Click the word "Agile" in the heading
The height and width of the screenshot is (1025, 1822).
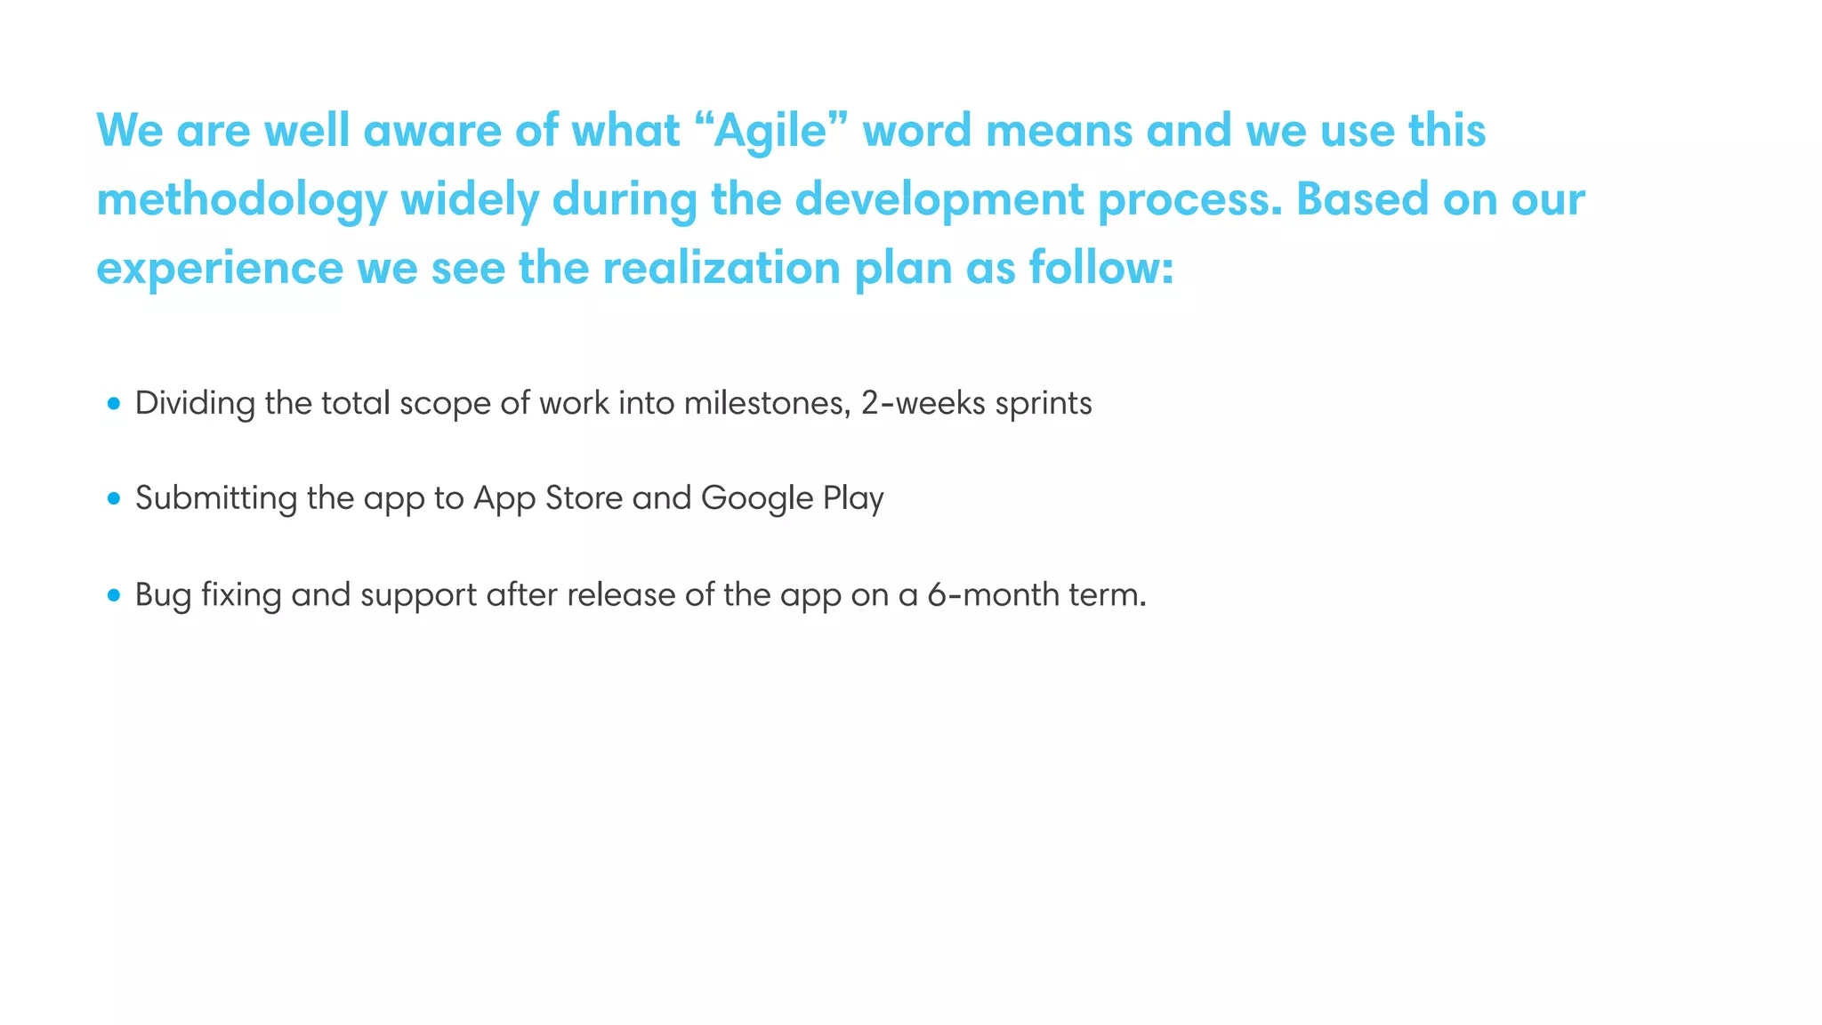tap(770, 131)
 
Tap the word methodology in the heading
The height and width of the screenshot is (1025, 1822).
tap(241, 199)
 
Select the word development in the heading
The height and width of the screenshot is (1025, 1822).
tap(939, 199)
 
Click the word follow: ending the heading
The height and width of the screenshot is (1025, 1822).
tap(1101, 268)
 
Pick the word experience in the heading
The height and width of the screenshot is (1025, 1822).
tap(219, 268)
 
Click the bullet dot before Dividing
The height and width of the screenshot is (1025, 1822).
tap(113, 404)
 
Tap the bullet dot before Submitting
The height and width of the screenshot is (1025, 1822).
tap(113, 498)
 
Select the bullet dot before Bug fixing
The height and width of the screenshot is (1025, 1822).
tap(113, 594)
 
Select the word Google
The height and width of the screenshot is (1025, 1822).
tap(757, 498)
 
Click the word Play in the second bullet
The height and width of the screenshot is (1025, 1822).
tap(852, 498)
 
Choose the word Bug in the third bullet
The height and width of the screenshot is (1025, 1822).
tap(163, 595)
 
